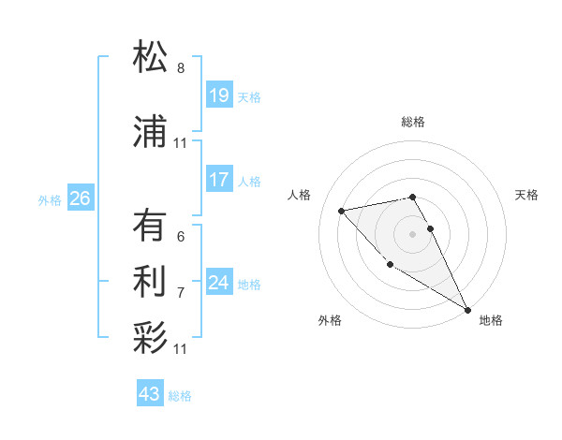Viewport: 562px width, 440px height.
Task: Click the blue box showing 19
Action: coord(218,95)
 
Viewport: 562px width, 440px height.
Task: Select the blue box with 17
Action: coord(218,180)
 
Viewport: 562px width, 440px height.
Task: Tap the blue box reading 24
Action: coord(218,283)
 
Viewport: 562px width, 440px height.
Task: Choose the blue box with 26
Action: coord(80,198)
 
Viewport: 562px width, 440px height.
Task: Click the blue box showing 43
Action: coord(149,394)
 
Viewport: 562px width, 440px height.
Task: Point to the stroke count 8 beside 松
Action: coord(181,68)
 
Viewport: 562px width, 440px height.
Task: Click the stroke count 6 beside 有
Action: coord(181,237)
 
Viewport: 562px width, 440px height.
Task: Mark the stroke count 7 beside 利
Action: coord(181,292)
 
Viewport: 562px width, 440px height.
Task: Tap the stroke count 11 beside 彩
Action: coord(181,349)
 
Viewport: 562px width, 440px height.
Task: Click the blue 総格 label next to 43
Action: coord(180,396)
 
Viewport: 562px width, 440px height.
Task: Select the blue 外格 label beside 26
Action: coord(50,200)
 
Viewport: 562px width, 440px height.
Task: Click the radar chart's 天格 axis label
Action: coord(527,195)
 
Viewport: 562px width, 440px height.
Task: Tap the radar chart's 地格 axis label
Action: coord(491,320)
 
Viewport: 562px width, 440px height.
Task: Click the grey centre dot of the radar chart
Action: coord(412,233)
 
